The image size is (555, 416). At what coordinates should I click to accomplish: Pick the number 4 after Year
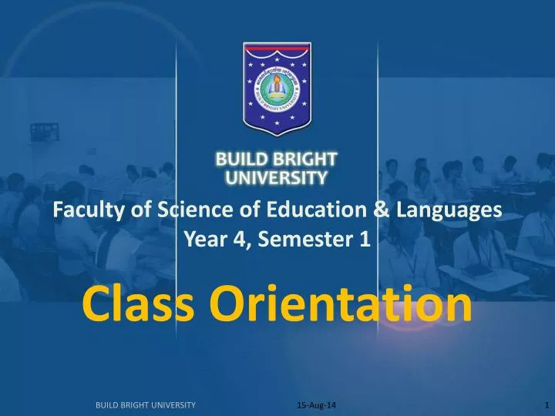241,240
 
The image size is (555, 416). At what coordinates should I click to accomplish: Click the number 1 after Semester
364,240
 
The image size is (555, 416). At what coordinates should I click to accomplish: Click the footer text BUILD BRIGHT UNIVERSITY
145,404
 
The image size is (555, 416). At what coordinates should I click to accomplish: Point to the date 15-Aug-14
311,404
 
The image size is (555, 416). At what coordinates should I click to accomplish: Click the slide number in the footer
546,404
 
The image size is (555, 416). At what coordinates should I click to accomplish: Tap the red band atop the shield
277,49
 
